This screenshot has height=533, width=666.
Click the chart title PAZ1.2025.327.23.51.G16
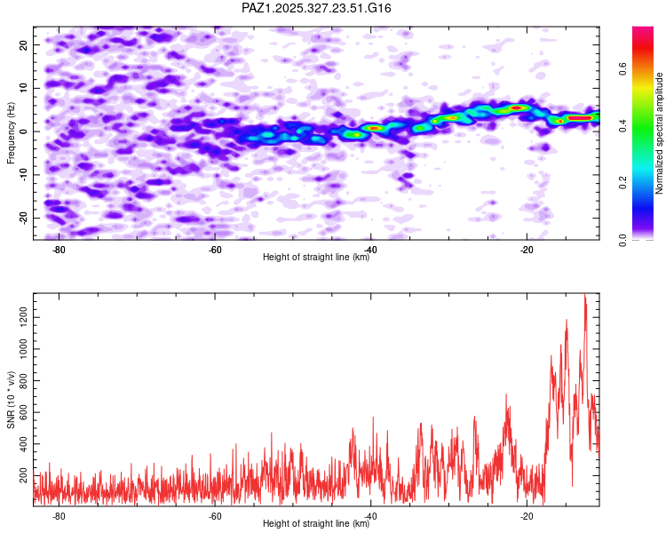tap(316, 8)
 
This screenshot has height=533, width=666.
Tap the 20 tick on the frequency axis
tap(24, 44)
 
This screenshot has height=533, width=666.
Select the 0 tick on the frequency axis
tap(28, 131)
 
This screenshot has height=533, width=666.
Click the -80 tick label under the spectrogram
tap(59, 250)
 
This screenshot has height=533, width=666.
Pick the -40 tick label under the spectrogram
tap(370, 250)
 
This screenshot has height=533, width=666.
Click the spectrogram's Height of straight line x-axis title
tap(316, 258)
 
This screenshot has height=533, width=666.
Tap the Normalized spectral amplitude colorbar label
tap(659, 133)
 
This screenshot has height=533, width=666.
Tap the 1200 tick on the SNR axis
tap(20, 314)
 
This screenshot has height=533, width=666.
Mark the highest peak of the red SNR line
tap(585, 295)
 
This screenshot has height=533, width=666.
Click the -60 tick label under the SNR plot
tap(214, 516)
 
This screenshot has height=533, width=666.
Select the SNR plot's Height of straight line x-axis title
tap(316, 524)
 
